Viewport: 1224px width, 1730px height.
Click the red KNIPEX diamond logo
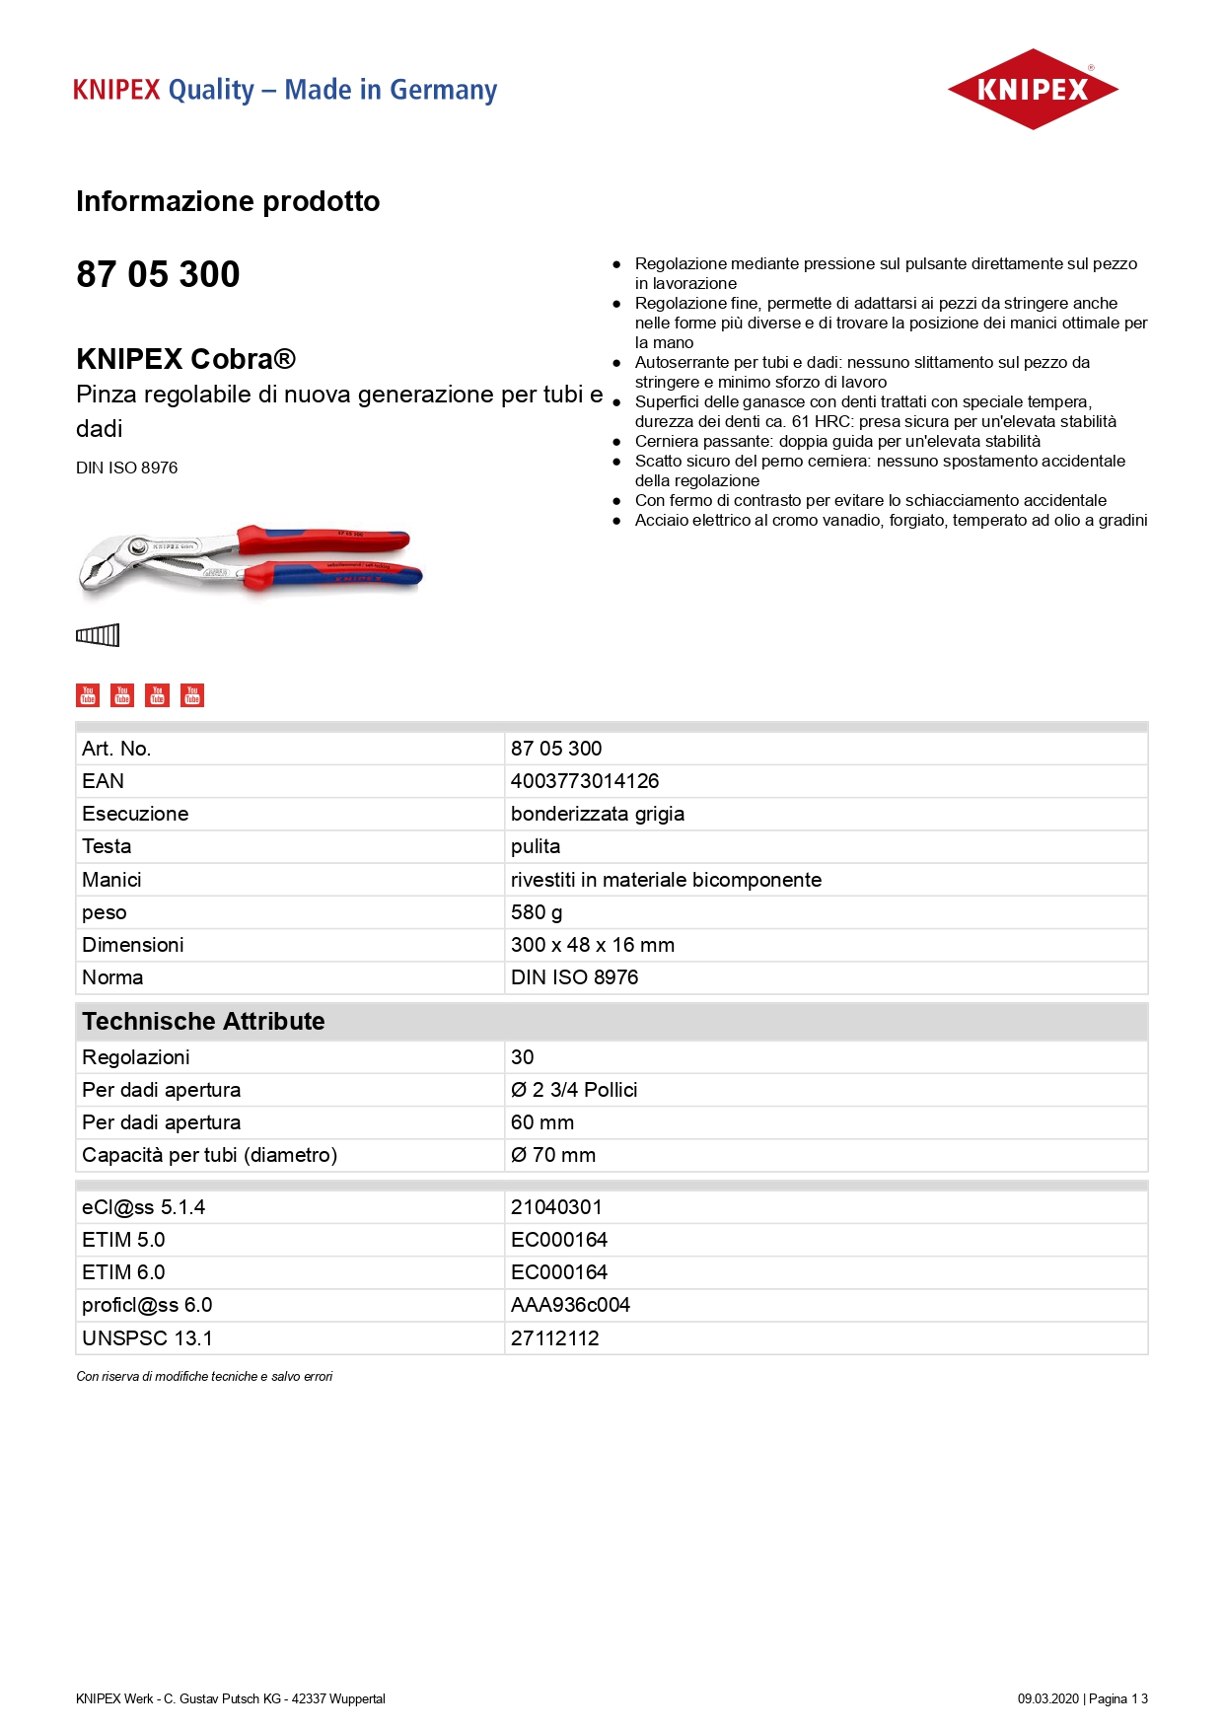coord(1032,90)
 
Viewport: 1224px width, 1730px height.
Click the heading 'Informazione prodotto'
coord(228,201)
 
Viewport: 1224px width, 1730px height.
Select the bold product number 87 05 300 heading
coord(158,274)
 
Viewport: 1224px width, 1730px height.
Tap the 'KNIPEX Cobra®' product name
coord(185,359)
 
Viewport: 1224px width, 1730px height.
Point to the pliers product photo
coord(250,560)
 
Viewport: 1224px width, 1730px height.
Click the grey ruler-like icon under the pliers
coord(98,635)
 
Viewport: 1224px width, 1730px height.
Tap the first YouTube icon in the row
coord(88,695)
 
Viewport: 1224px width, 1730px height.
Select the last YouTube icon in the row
coord(192,695)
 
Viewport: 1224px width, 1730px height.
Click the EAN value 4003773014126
coord(585,781)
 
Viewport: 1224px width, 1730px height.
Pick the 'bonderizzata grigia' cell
coord(598,814)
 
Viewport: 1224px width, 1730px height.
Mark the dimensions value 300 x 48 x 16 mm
coord(593,945)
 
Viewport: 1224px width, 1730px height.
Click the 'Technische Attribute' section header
coord(203,1021)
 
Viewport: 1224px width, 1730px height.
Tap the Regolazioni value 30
coord(523,1057)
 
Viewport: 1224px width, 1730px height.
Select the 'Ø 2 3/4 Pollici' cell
coord(574,1090)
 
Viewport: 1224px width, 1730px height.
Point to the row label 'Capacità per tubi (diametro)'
coord(209,1155)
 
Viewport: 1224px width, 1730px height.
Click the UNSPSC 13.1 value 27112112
coord(555,1338)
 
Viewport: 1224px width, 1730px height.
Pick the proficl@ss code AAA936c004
coord(570,1305)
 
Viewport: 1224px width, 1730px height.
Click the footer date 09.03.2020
coord(1048,1698)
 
